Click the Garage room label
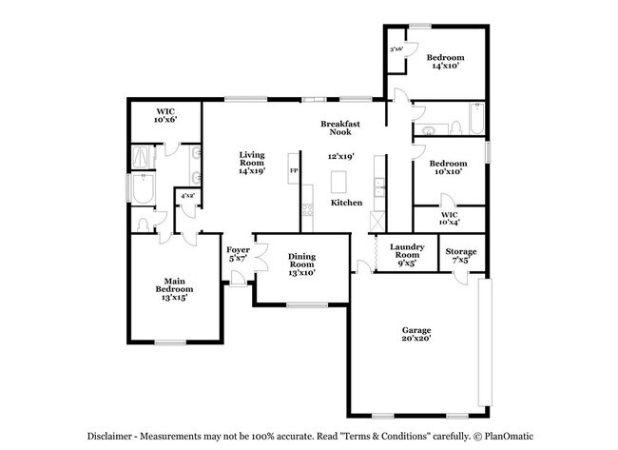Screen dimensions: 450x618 coord(415,335)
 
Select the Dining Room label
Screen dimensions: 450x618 coord(302,263)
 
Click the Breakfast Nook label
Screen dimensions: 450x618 coord(338,128)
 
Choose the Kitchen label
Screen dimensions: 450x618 coord(346,204)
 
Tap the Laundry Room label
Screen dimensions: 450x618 coord(406,254)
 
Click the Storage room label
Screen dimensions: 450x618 coord(461,255)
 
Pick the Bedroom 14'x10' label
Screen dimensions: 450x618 coord(444,62)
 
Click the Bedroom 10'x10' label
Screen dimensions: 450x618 coord(449,167)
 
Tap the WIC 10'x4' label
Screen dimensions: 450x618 coord(450,219)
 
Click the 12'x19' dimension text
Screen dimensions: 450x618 coord(341,155)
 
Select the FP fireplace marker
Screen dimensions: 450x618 coord(294,171)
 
